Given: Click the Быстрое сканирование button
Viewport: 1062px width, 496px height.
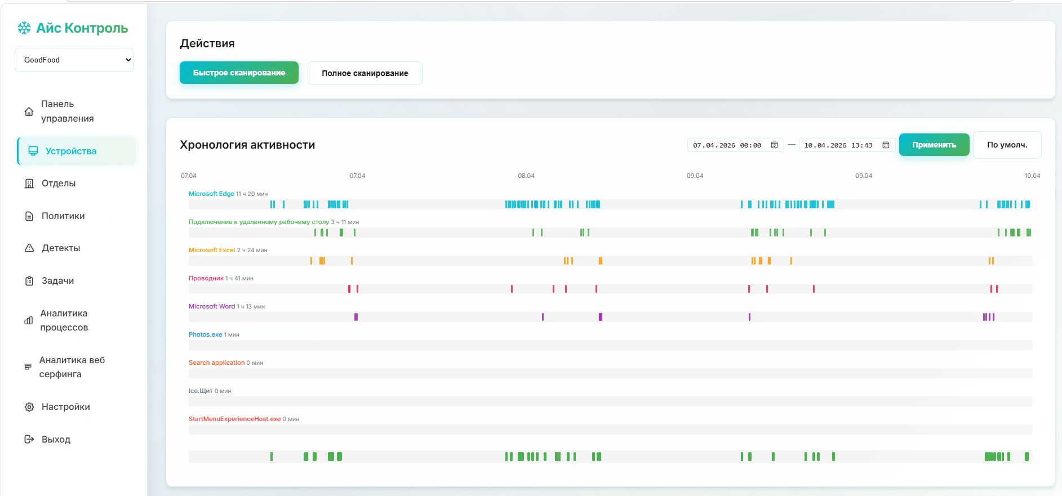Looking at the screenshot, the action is tap(239, 73).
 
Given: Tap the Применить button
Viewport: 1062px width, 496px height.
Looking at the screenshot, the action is tap(934, 145).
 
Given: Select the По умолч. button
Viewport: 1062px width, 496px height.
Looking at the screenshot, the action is tap(1007, 145).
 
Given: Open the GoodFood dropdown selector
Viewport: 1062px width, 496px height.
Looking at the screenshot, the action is tap(74, 60).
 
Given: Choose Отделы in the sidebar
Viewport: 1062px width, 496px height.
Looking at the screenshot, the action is tap(59, 184).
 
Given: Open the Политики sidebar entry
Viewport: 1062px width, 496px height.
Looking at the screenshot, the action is tap(63, 216).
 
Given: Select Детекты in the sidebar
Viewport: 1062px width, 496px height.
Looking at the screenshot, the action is tap(61, 248).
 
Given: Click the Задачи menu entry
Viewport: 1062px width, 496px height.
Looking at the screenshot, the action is tap(57, 281).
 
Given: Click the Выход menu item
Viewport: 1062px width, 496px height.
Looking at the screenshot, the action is tap(56, 440).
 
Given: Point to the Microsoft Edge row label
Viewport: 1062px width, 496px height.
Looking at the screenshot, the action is tap(211, 194).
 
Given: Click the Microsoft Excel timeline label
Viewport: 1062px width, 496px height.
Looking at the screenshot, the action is tap(212, 250).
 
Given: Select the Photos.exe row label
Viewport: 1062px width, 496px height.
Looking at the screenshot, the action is tap(205, 334).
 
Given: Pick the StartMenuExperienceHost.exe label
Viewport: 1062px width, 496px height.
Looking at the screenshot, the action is tap(234, 419).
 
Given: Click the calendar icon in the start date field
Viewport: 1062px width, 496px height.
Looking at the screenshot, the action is tap(774, 145).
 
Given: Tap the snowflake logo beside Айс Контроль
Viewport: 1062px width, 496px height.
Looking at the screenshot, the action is tap(24, 28).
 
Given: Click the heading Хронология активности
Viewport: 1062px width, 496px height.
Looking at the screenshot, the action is tap(247, 145).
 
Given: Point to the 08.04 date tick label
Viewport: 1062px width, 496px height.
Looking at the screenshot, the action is tap(526, 176).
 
